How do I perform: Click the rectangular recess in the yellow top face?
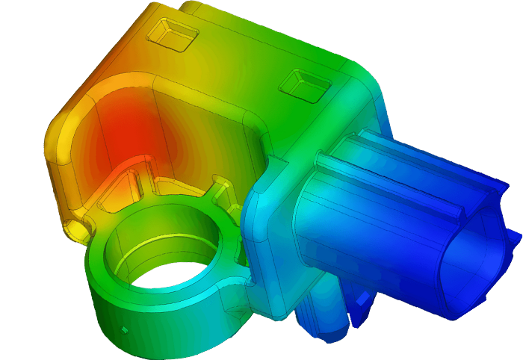click(173, 34)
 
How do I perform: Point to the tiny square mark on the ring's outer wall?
click(125, 329)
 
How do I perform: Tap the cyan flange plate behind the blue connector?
click(269, 246)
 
